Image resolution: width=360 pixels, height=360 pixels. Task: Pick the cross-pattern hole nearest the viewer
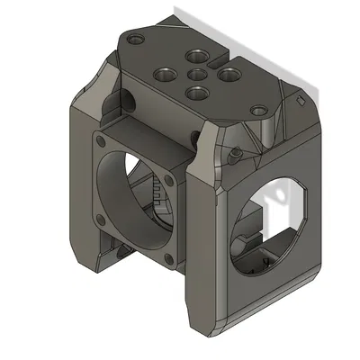coord(195,92)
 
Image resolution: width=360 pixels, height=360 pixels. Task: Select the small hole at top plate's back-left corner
coord(135,40)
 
